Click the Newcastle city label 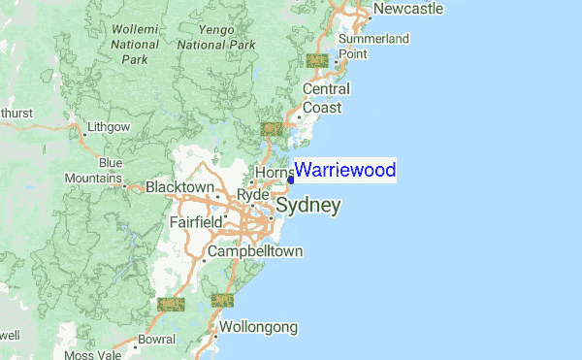click(408, 9)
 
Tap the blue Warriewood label click(345, 171)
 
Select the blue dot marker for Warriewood click(291, 180)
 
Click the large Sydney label click(308, 206)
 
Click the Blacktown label click(179, 186)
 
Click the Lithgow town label click(108, 127)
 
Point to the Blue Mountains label click(94, 171)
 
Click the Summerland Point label click(373, 46)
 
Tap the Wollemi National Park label click(135, 44)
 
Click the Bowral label click(156, 341)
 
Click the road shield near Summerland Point click(316, 60)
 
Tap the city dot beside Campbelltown click(206, 260)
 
